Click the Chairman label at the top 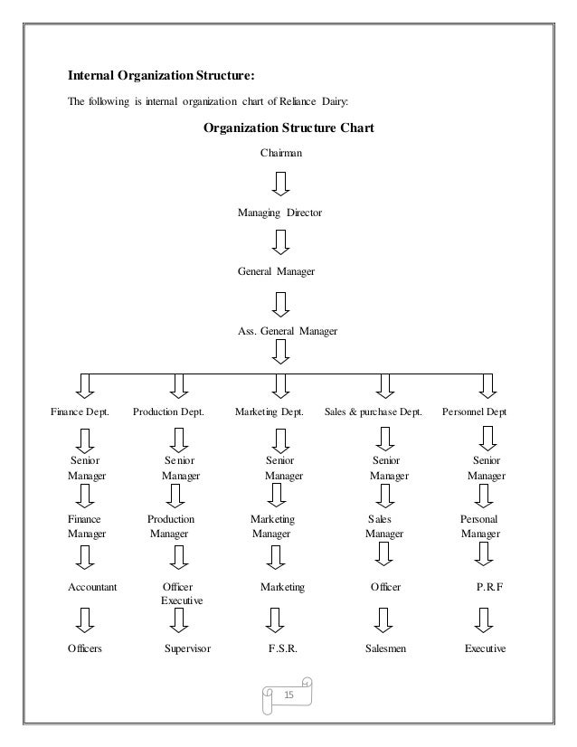(281, 154)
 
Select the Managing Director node (279, 213)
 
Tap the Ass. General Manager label (287, 332)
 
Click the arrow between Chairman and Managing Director (281, 184)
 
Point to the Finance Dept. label (79, 412)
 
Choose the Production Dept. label (169, 412)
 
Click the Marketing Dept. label (269, 412)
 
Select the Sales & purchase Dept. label (373, 412)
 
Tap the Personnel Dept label (475, 412)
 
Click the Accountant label (92, 588)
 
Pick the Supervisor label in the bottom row (187, 648)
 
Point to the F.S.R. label (283, 648)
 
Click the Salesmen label (384, 648)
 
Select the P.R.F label (489, 588)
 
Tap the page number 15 (289, 695)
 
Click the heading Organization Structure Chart (288, 128)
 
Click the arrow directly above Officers (84, 619)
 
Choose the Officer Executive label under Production (181, 594)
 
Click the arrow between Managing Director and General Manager (281, 242)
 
